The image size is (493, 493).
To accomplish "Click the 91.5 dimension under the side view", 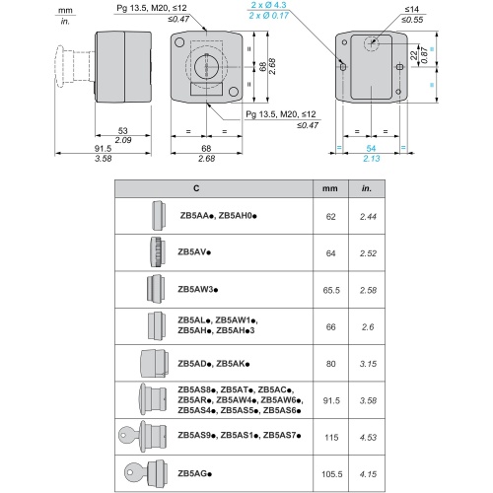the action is pos(103,149).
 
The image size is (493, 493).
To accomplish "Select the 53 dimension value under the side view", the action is pos(122,130).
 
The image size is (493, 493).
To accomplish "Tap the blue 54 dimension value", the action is pos(371,149).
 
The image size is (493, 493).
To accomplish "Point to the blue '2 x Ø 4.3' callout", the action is pos(268,5).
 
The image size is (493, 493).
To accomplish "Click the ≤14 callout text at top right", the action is pos(411,10).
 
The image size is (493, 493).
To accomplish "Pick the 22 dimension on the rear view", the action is pos(414,55).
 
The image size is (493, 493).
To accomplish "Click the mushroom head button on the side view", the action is pos(60,66).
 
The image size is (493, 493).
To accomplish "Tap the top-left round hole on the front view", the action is pos(179,42).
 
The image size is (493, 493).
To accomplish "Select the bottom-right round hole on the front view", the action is pos(234,92).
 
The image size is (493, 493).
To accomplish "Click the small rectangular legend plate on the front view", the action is pos(206,89).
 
